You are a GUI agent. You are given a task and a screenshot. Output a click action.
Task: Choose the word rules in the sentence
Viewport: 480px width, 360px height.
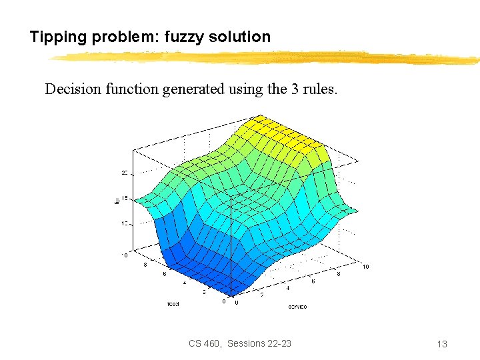pos(321,89)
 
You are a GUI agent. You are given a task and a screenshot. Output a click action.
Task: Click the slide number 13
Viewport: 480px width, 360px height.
pos(441,344)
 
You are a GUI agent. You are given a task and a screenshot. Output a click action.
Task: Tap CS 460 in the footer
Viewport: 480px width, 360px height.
pos(205,343)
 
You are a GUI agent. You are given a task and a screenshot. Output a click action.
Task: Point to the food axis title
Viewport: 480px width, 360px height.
pos(173,303)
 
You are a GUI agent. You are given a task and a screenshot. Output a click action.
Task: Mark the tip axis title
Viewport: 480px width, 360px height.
pos(116,198)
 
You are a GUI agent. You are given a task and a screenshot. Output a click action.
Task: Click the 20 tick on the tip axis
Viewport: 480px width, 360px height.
pos(124,173)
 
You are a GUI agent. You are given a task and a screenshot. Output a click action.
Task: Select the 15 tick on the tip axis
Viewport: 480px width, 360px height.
pos(124,198)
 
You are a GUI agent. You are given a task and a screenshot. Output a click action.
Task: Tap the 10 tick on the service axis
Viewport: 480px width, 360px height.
pos(365,267)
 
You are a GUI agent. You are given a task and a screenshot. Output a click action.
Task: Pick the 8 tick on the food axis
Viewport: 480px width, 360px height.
pos(146,265)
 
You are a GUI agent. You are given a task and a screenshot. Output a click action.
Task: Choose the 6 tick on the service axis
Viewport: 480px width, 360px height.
pos(313,281)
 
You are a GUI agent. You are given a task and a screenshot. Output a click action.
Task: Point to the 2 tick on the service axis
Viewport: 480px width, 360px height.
pos(261,295)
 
